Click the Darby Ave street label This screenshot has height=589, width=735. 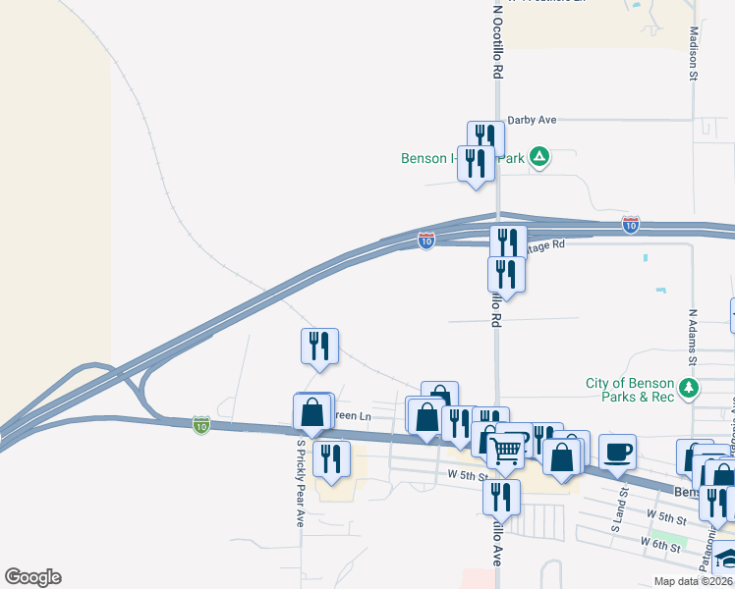pos(532,120)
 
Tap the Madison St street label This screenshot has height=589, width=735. pos(693,53)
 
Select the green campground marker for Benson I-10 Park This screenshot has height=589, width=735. pos(539,156)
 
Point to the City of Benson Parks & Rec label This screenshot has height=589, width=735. pos(631,390)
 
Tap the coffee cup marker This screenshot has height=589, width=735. pos(617,453)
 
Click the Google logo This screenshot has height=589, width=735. pos(32,577)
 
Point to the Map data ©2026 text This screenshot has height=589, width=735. pos(691,581)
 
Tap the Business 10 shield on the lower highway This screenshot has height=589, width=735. pos(201,424)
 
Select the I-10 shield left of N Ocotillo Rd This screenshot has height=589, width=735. pos(425,240)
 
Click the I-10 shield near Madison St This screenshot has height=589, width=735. pos(631,226)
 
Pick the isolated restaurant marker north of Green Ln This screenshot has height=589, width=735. pos(319,346)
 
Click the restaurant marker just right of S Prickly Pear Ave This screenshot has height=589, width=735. pos(331,458)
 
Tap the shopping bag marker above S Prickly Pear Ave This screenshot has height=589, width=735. pos(312,412)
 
